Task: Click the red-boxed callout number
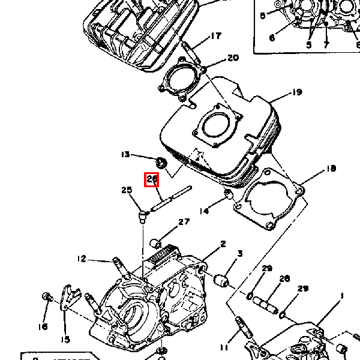151,179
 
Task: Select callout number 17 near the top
215,37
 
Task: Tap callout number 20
232,58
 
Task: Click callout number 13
125,155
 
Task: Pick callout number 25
126,190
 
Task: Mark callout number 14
204,211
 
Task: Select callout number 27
184,222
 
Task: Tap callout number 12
82,259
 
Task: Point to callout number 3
239,254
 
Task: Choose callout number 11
224,347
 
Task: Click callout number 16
43,326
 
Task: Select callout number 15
65,339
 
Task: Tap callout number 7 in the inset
326,44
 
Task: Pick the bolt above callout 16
46,298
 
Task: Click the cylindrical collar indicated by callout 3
221,280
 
